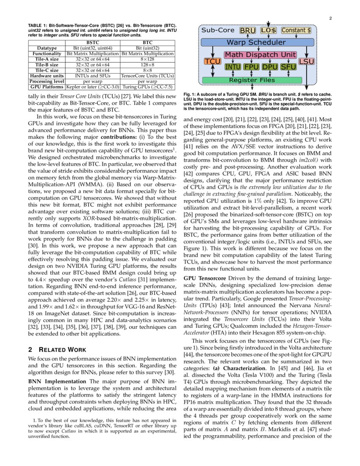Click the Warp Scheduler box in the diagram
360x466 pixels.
pos(256,42)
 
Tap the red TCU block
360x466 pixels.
pos(210,61)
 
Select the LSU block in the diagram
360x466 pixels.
pos(306,61)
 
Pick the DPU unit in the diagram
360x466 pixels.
pos(270,67)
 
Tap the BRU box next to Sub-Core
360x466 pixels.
pos(248,31)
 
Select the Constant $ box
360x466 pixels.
pos(296,31)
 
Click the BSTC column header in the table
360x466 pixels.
pos(93,43)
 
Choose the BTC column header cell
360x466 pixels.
pos(147,43)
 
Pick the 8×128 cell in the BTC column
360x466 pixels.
pos(147,59)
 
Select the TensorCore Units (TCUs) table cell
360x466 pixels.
pos(147,76)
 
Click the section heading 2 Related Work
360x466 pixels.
pos(57,349)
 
